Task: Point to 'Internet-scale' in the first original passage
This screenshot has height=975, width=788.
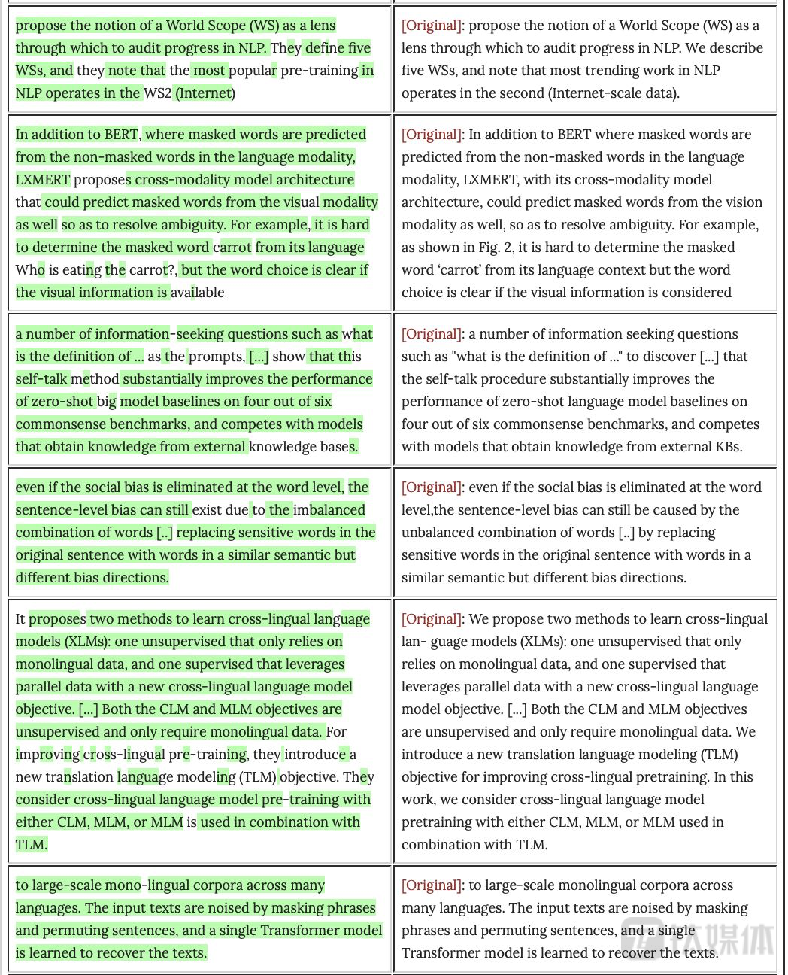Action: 594,93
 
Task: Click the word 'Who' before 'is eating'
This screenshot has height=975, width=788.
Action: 30,270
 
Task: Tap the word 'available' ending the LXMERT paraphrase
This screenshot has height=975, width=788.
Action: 197,293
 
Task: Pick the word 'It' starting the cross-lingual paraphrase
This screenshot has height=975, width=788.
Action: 20,619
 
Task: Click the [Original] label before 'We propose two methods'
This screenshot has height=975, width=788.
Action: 432,619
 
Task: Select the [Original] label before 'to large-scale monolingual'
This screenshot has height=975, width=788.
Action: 432,885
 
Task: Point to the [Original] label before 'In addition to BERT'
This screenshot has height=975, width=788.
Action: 432,135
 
